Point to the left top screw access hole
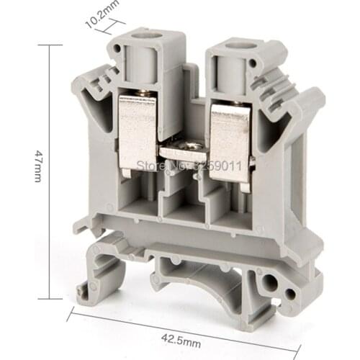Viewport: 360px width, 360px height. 154,35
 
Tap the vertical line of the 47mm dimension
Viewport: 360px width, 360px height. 50,173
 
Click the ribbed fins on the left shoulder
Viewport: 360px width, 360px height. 100,84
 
